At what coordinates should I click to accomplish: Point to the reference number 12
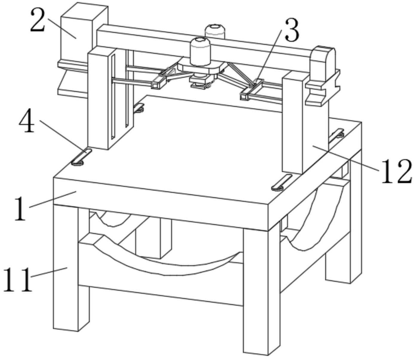tap(396, 171)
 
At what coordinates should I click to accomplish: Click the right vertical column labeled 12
tap(294, 122)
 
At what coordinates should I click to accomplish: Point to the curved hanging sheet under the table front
tap(167, 263)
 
